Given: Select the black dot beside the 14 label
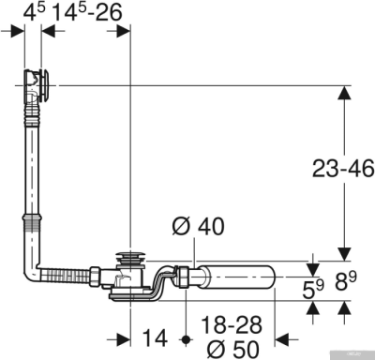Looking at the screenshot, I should (187, 337).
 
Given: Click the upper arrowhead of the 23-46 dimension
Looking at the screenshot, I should (343, 93).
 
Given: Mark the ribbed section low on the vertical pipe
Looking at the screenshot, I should (30, 225).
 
